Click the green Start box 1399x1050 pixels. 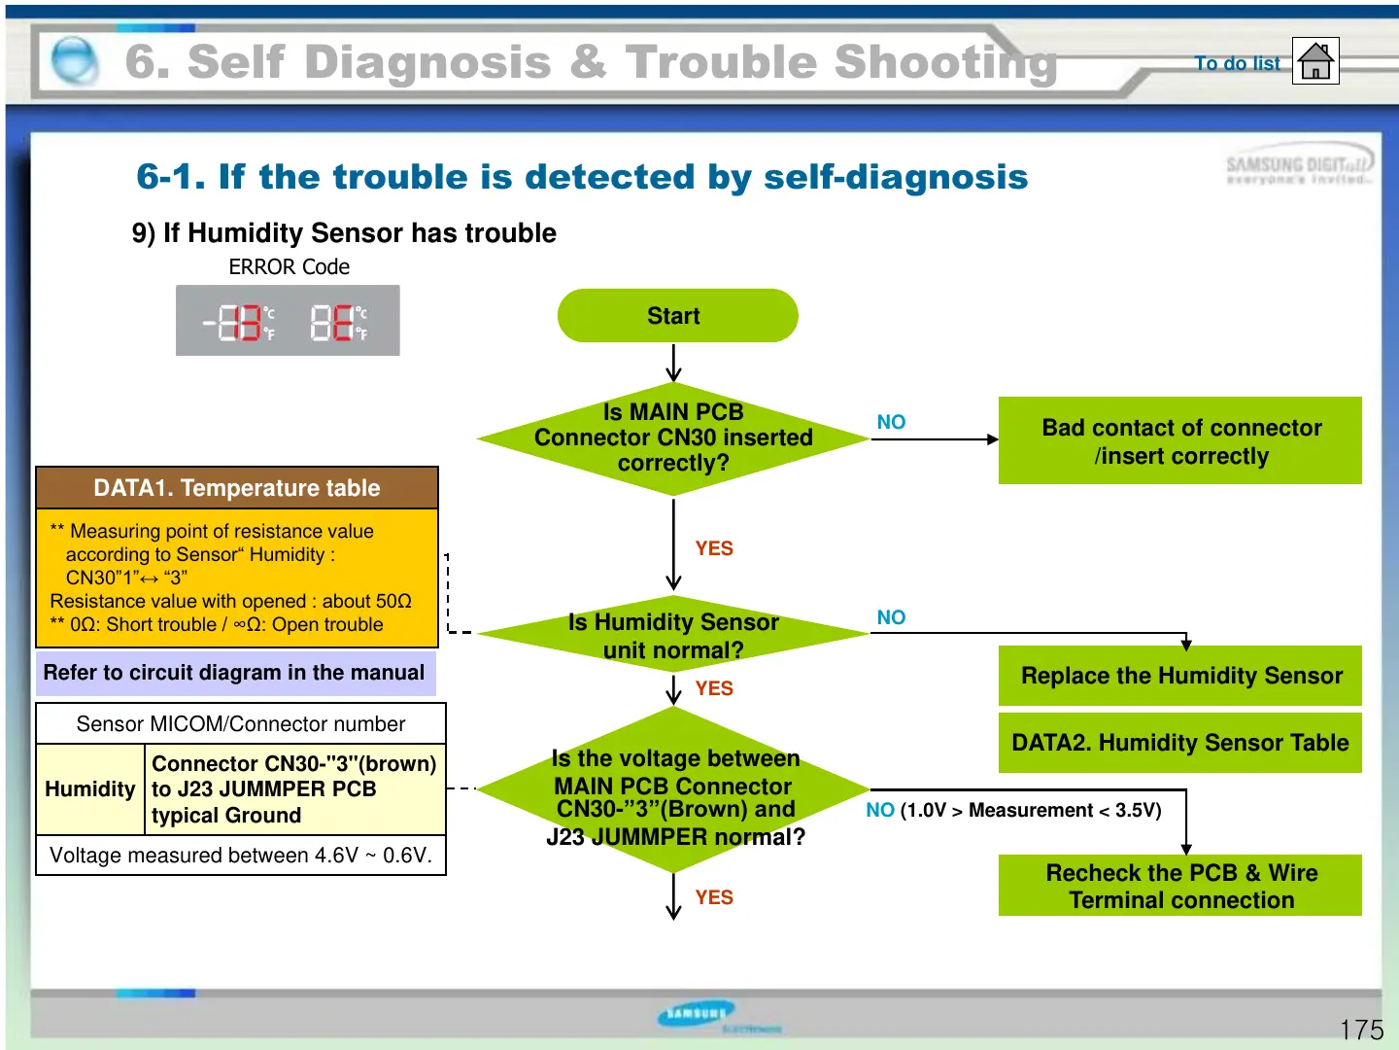point(677,316)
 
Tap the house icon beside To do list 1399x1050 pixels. point(1315,61)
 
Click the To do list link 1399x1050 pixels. point(1237,63)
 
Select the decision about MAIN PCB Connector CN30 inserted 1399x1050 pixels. point(673,438)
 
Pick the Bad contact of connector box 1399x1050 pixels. point(1180,441)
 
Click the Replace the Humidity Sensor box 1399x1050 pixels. point(1180,676)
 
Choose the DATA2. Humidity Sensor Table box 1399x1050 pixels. point(1180,743)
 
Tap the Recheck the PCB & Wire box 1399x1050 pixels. point(1180,886)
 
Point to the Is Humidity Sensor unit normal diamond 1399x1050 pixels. point(673,636)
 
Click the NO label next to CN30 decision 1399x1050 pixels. point(891,422)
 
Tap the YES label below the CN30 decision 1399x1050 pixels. point(714,548)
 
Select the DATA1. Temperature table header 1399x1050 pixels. point(237,488)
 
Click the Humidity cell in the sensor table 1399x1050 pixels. point(90,789)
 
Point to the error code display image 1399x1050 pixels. point(288,321)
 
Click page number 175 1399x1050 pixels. point(1361,1030)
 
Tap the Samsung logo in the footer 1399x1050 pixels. point(697,1014)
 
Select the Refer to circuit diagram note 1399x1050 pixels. point(235,673)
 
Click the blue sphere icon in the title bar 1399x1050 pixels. point(74,60)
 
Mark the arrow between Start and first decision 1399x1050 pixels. point(673,363)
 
